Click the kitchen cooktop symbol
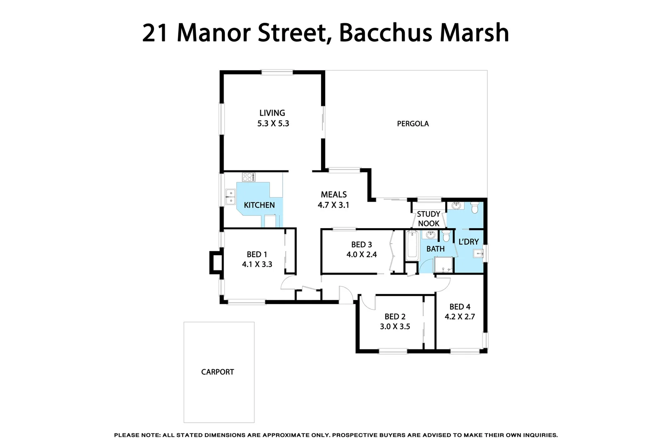point(249,177)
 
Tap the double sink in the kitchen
point(230,197)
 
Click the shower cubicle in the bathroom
point(443,265)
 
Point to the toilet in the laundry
point(475,207)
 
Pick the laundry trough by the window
point(478,253)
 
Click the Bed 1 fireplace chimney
point(216,263)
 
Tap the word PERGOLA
point(413,124)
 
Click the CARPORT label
point(217,372)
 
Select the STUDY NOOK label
point(429,219)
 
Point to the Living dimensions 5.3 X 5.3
point(273,124)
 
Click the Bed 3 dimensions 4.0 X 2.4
point(362,254)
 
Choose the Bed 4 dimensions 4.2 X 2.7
point(460,317)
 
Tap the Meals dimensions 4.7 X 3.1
point(334,205)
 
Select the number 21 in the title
point(155,33)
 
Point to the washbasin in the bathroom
point(430,235)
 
